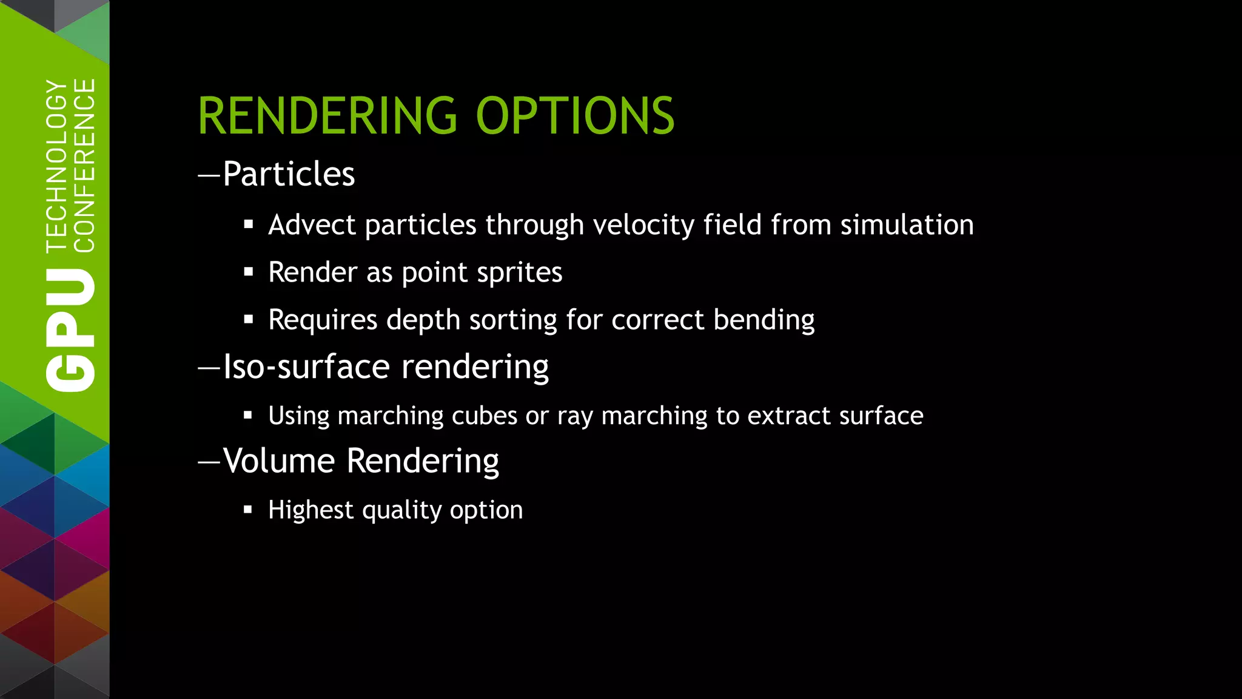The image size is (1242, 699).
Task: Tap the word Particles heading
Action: tap(289, 174)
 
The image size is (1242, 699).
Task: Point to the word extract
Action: tap(790, 416)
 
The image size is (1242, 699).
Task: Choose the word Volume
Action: tap(279, 461)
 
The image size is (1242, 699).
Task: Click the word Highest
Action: tap(310, 510)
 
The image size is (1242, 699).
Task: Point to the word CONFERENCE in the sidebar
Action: tap(84, 165)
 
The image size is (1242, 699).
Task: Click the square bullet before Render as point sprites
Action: tap(248, 272)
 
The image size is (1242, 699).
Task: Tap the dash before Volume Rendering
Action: tap(209, 462)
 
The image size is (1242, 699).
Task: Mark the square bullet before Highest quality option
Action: tap(247, 510)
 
